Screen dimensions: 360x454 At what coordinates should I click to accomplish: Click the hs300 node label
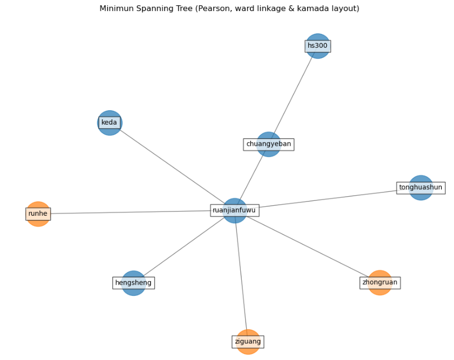click(318, 46)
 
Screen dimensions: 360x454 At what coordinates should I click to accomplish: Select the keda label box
click(109, 122)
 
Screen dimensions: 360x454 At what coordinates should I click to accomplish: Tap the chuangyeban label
click(268, 144)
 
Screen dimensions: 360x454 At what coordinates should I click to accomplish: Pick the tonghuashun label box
click(421, 188)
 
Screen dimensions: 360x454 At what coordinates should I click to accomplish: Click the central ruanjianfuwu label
click(234, 210)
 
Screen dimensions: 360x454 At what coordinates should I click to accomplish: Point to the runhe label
click(38, 214)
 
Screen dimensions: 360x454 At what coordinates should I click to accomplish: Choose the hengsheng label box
click(134, 283)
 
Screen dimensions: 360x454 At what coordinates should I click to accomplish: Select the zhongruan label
click(380, 283)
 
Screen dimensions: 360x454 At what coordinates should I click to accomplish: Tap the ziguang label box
click(248, 342)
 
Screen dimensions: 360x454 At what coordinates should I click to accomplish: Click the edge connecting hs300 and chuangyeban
click(293, 95)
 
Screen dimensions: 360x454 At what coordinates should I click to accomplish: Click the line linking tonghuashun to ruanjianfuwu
click(329, 198)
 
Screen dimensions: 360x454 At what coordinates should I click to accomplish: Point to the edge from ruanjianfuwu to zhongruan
click(308, 247)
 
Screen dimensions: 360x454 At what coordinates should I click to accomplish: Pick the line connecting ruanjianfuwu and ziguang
click(241, 276)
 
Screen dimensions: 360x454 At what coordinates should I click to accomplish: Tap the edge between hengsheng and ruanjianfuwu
click(183, 248)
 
